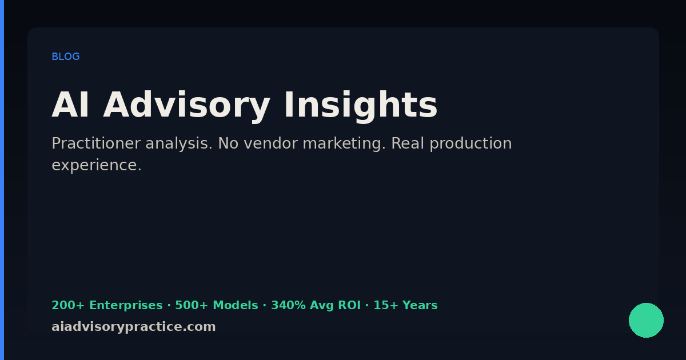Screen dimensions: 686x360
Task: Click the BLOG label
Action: click(66, 57)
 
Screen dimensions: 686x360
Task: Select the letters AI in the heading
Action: click(70, 105)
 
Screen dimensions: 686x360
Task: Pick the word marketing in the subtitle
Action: click(344, 143)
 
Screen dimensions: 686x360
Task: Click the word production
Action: click(470, 143)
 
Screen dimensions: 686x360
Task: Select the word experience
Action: click(97, 166)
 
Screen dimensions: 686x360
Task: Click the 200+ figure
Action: click(67, 305)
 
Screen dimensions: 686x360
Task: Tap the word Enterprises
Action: click(126, 306)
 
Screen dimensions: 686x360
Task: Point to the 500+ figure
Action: click(192, 305)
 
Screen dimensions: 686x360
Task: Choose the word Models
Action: click(235, 305)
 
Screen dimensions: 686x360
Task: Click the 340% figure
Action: click(288, 305)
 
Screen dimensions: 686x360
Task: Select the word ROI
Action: click(349, 305)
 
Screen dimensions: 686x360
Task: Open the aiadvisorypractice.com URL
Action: click(134, 327)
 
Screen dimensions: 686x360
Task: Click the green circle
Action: click(646, 320)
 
